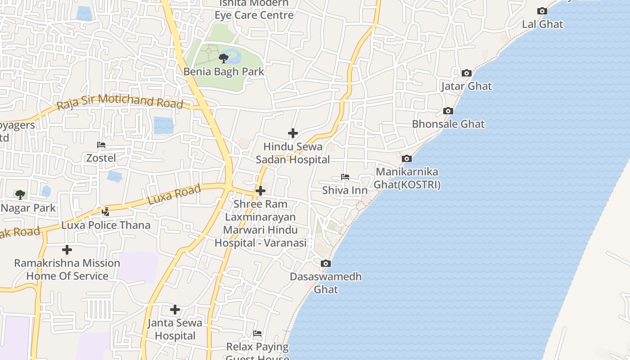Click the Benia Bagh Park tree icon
pyautogui.click(x=223, y=58)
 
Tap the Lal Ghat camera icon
pyautogui.click(x=542, y=11)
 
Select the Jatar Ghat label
pyautogui.click(x=466, y=86)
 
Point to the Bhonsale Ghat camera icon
pyautogui.click(x=448, y=111)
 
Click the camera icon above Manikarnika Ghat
pyautogui.click(x=406, y=159)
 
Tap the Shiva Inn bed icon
pyautogui.click(x=345, y=177)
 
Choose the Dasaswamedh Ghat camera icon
pyautogui.click(x=325, y=264)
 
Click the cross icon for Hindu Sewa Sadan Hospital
pyautogui.click(x=293, y=133)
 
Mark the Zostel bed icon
pyautogui.click(x=101, y=145)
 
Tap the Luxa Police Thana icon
pyautogui.click(x=106, y=211)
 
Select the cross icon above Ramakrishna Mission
pyautogui.click(x=67, y=250)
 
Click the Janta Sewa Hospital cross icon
pyautogui.click(x=175, y=310)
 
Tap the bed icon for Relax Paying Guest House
pyautogui.click(x=257, y=333)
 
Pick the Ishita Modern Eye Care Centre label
pyautogui.click(x=254, y=9)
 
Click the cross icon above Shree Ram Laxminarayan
pyautogui.click(x=260, y=191)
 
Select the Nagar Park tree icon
pyautogui.click(x=20, y=195)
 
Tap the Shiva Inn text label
pyautogui.click(x=345, y=190)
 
